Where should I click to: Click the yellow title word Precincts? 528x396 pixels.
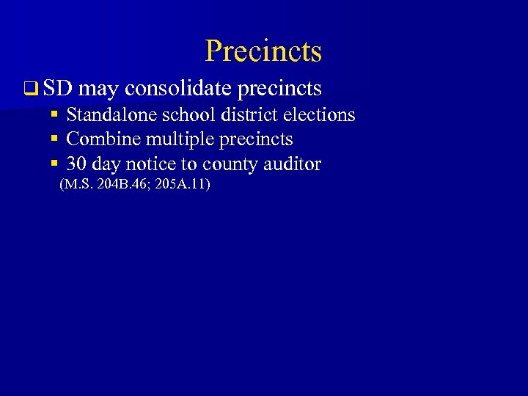tap(263, 51)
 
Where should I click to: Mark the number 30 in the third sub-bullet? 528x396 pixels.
tap(76, 164)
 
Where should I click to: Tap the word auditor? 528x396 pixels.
tap(293, 164)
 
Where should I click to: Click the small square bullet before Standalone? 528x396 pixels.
tap(54, 115)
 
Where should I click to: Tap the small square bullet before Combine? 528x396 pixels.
tap(54, 139)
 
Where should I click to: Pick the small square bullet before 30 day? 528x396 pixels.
tap(54, 164)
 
